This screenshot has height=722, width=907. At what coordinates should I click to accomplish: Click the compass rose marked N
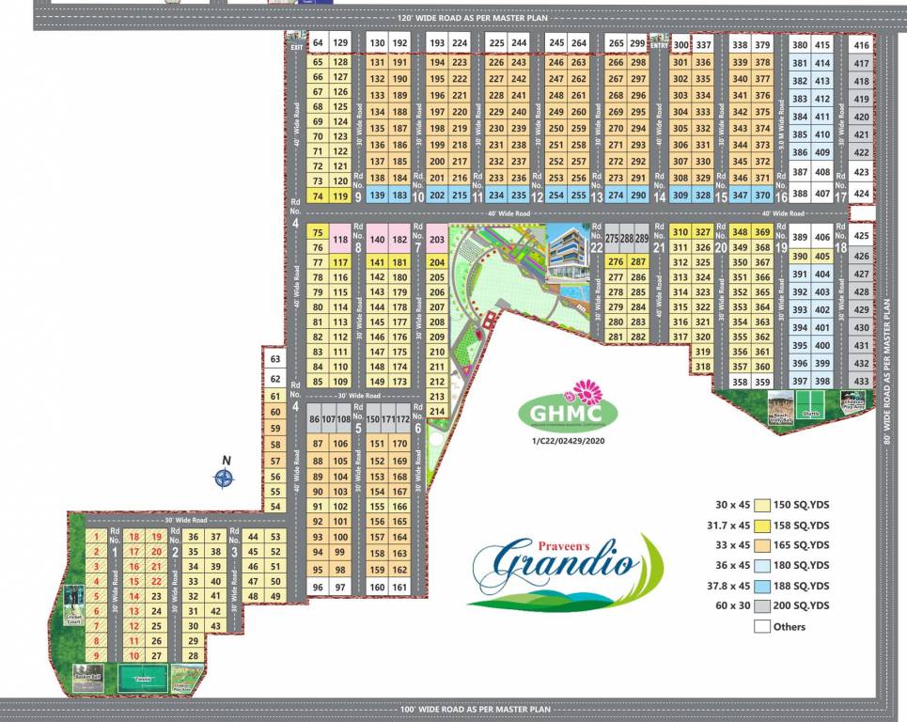coord(224,478)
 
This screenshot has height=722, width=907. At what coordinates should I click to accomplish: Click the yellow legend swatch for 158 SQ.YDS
coord(762,526)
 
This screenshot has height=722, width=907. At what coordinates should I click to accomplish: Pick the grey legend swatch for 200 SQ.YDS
coord(762,605)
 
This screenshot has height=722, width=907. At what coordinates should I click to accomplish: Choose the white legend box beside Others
coord(762,626)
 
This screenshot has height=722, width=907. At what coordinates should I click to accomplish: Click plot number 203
coord(436,240)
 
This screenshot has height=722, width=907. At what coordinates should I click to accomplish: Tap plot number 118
coord(341,240)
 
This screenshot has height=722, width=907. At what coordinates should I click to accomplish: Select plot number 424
coord(861,194)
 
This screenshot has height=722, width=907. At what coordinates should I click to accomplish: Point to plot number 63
coord(274,359)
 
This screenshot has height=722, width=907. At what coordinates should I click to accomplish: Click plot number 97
coord(339,588)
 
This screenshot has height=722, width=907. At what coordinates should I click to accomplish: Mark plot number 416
coord(861,45)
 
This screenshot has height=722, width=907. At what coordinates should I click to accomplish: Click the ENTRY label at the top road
coord(658,44)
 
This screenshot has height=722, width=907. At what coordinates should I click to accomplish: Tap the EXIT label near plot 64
coord(296,46)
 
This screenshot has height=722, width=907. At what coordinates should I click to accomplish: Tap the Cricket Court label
coord(74,619)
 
